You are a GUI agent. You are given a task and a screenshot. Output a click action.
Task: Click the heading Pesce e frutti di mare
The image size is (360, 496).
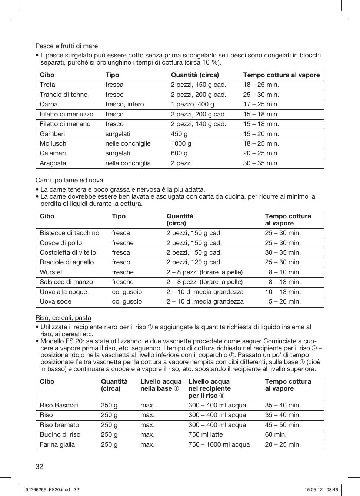[67, 46]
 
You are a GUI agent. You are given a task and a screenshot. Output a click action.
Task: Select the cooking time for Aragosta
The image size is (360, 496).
[261, 163]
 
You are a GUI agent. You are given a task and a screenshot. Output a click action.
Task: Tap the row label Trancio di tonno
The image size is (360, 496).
[64, 95]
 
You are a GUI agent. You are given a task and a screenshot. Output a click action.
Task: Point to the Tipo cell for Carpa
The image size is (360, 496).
[124, 104]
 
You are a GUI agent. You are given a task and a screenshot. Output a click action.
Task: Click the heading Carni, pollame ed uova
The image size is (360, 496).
[69, 180]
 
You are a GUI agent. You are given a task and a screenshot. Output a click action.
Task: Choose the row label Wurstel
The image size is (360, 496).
[51, 272]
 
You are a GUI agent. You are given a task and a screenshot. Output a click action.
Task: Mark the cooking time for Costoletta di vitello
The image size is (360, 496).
[283, 252]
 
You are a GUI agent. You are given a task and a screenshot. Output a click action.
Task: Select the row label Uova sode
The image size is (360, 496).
[56, 301]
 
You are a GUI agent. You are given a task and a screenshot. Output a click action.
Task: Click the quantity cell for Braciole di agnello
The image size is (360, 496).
[194, 262]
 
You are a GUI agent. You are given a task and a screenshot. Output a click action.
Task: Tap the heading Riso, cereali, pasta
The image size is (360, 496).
[63, 318]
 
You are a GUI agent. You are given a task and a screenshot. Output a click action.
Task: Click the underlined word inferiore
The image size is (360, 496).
[167, 355]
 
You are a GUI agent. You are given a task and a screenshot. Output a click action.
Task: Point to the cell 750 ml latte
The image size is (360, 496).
[206, 434]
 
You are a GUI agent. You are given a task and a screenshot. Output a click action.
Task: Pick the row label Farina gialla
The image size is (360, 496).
[57, 444]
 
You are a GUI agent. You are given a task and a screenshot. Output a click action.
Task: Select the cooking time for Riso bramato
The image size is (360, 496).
[283, 425]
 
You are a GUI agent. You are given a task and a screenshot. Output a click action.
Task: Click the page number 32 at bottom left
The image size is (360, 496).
[39, 466]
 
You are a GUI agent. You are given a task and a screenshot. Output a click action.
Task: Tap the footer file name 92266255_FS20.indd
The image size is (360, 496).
[48, 489]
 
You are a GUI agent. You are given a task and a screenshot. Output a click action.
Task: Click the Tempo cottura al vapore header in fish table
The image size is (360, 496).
[281, 75]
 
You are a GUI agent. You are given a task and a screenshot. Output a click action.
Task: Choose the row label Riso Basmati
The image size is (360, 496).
[59, 405]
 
